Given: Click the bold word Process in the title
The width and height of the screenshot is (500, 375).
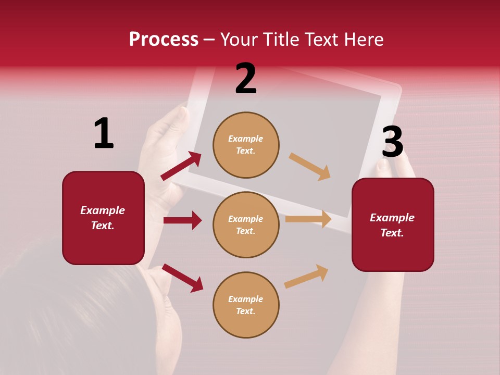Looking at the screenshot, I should (164, 40).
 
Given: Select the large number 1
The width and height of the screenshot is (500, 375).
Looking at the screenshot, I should (104, 134).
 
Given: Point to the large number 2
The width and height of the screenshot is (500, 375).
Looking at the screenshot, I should (246, 79).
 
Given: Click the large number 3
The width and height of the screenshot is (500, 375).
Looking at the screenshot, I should (392, 142).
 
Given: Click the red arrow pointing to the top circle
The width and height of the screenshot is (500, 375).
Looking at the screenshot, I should (181, 166).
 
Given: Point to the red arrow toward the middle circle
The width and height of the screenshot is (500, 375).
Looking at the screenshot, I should (182, 220).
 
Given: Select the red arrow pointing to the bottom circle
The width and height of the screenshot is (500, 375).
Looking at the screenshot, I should (182, 277).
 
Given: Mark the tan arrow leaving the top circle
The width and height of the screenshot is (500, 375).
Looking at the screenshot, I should (310, 167).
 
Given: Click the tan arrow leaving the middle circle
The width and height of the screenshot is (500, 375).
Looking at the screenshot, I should (308, 219).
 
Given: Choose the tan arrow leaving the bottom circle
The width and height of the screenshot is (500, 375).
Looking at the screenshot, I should (306, 276).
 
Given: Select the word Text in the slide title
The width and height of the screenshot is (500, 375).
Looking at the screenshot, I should (322, 40).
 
